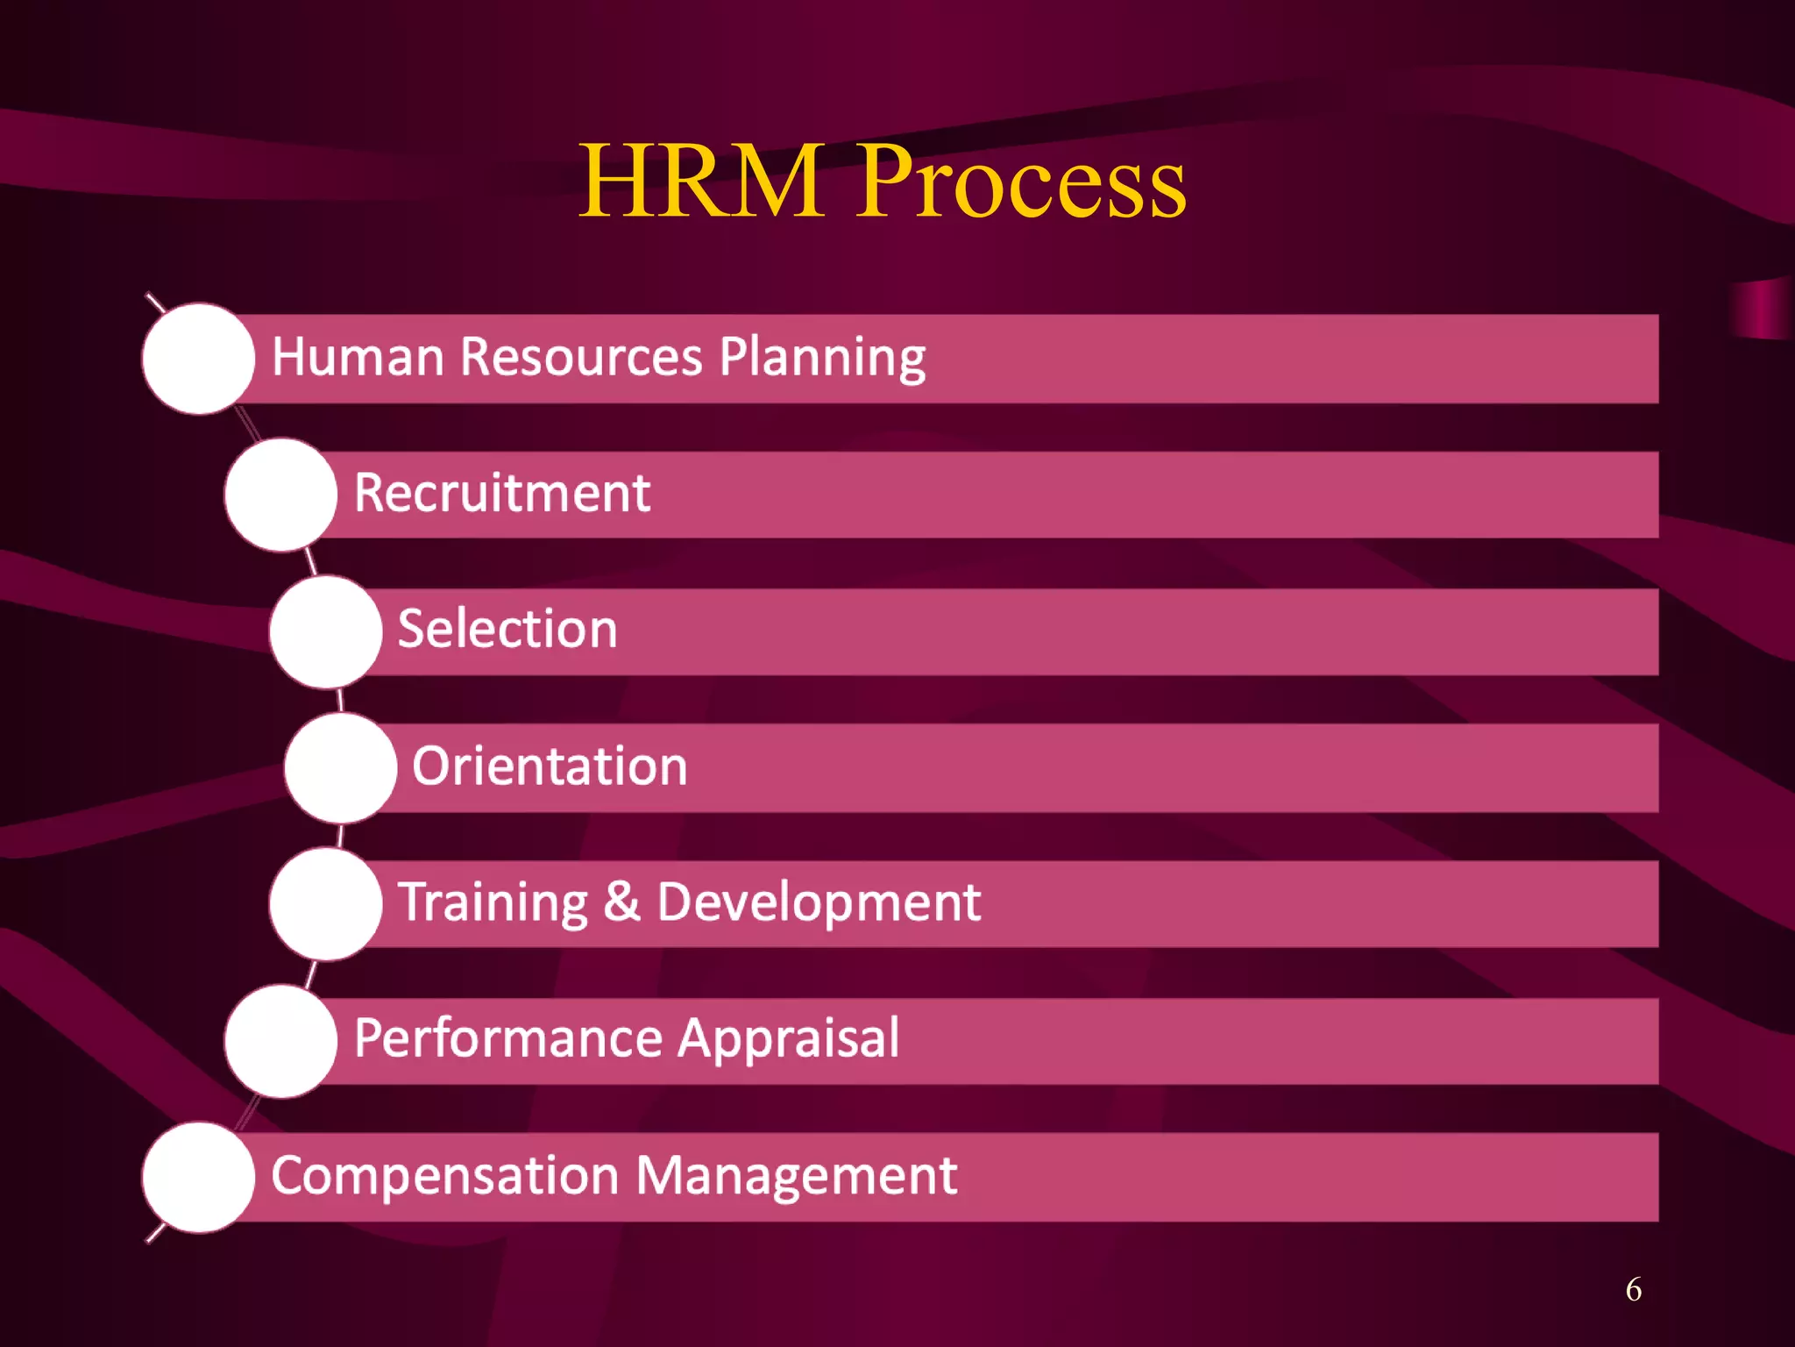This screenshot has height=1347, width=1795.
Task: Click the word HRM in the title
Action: [x=701, y=182]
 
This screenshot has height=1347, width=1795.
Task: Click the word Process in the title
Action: [x=1021, y=182]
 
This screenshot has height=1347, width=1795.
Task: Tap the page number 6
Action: [x=1633, y=1289]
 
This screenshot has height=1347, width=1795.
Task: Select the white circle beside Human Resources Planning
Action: [x=199, y=359]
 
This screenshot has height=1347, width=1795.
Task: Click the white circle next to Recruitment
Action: [x=280, y=495]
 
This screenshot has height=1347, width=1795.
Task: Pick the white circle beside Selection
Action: [x=326, y=631]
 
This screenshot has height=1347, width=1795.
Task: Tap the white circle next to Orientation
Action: [x=341, y=768]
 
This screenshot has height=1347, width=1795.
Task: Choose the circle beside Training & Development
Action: [x=326, y=904]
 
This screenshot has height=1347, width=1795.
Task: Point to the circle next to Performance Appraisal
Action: [x=280, y=1041]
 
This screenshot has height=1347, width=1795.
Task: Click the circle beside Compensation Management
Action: [x=199, y=1178]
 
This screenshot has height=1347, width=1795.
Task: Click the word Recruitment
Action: [x=502, y=493]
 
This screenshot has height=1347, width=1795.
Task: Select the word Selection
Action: [x=507, y=630]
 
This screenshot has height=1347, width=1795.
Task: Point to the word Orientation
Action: [x=550, y=766]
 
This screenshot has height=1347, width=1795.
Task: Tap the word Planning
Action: [x=822, y=358]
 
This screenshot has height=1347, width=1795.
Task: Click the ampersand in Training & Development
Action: [x=621, y=902]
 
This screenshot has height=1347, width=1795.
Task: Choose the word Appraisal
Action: [x=789, y=1039]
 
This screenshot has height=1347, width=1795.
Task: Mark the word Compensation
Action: [x=444, y=1176]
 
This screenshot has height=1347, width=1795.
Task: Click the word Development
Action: [x=819, y=903]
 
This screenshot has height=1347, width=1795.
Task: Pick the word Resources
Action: [x=581, y=358]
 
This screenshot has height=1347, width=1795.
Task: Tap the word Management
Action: [x=797, y=1176]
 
